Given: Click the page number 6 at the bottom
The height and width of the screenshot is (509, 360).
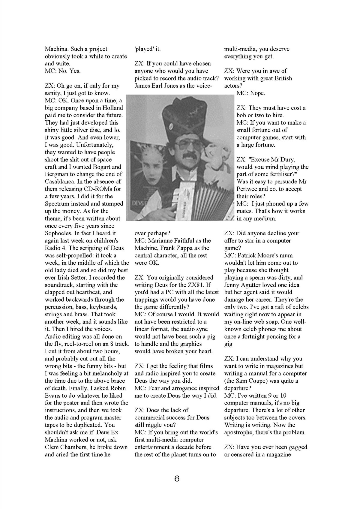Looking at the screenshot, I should pyautogui.click(x=177, y=479).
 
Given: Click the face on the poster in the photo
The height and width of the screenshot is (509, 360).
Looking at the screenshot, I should pyautogui.click(x=146, y=168).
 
